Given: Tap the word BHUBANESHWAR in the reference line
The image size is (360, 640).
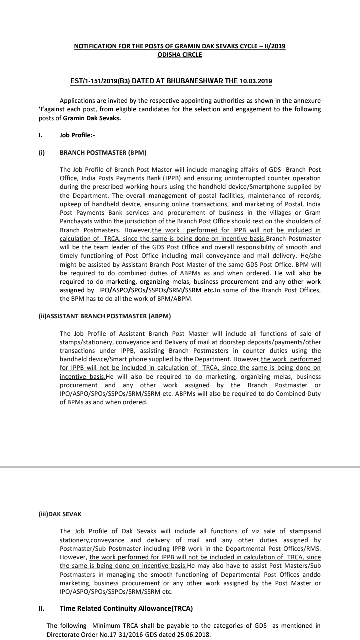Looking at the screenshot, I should pos(189,81).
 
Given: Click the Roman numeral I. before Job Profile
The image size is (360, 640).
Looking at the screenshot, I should pos(41,135).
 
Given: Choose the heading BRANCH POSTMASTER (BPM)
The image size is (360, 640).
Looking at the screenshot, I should pos(103,152).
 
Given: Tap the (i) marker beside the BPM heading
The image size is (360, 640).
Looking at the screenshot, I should pos(42,152).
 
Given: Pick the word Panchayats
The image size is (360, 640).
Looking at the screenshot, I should pos(76,221).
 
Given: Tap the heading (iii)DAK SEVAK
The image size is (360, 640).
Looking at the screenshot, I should pos(60,513).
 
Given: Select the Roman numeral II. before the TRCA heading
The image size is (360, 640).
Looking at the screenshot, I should pos(42,609).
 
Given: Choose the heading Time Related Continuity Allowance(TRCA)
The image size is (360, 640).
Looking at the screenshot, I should pos(126,609).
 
